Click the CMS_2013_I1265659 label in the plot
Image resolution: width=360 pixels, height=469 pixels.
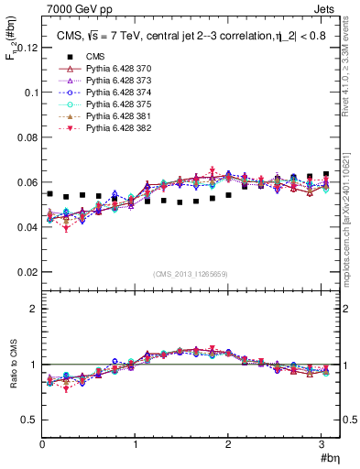[x=191, y=272]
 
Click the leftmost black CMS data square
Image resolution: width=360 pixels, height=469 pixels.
[x=49, y=194]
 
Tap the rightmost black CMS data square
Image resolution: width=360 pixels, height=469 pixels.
[x=326, y=174]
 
